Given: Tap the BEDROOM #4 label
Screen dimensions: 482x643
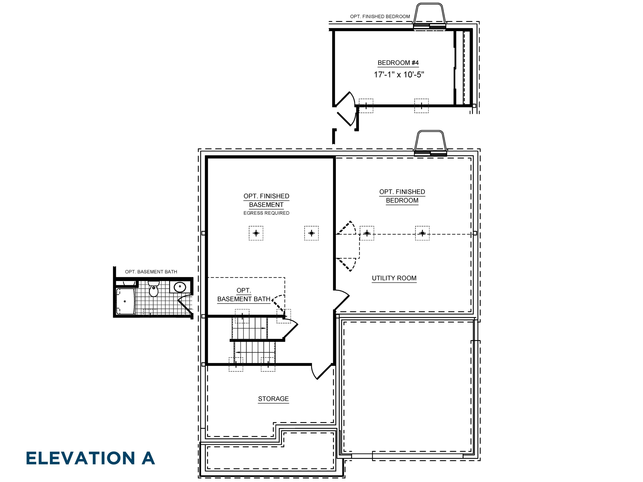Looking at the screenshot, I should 398,63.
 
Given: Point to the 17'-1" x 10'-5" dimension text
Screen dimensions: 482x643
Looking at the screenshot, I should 399,75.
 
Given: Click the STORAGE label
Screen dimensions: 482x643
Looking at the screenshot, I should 273,399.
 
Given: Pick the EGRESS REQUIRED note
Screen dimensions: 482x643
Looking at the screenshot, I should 266,213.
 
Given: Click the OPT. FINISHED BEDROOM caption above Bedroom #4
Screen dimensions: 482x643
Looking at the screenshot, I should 380,17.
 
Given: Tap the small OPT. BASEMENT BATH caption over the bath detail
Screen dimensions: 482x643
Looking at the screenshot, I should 151,272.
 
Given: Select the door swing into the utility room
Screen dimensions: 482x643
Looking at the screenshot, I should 342,299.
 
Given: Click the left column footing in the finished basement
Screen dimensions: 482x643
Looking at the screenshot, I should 256,233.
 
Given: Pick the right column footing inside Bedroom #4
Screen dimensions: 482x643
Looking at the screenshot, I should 421,106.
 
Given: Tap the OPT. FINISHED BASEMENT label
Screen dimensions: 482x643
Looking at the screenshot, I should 266,201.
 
